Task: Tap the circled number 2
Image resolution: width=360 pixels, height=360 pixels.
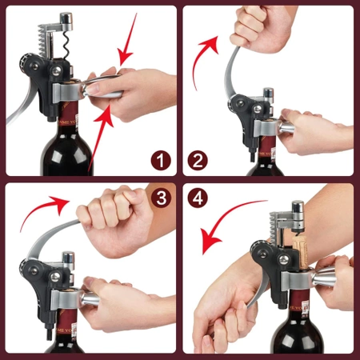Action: click(198, 161)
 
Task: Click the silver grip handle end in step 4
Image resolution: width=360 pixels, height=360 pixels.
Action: click(329, 284)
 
